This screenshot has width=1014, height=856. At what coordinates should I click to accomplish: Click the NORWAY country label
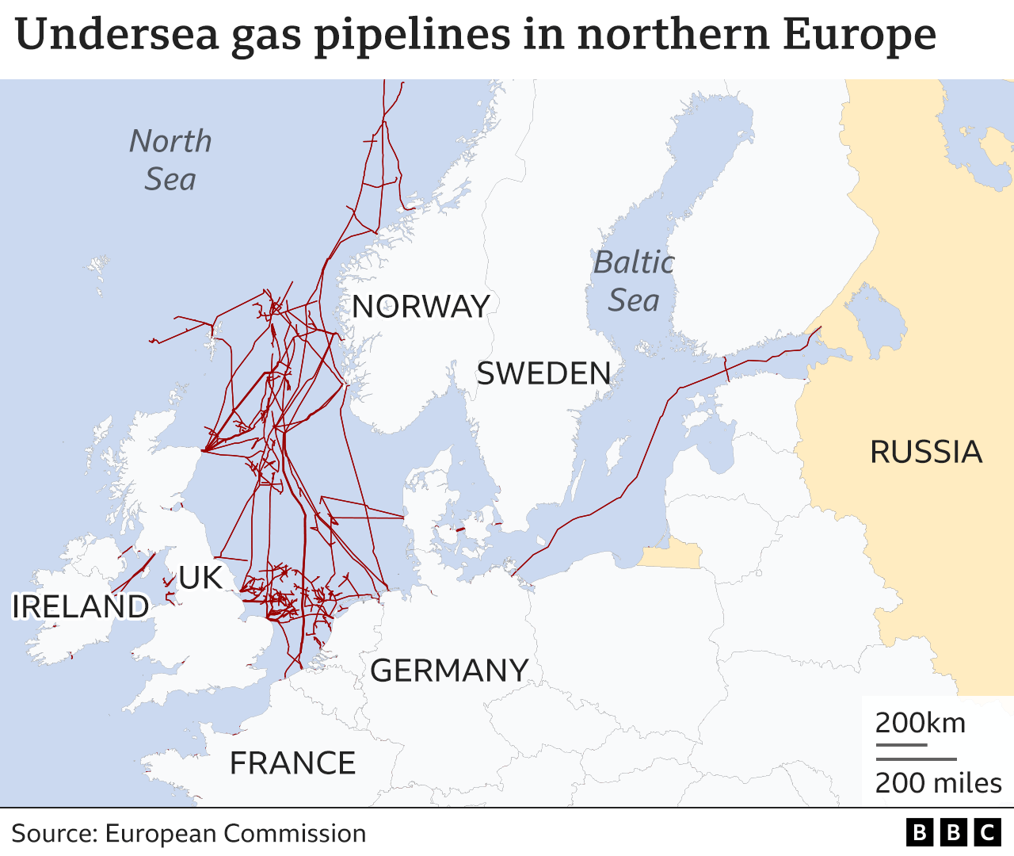pyautogui.click(x=421, y=307)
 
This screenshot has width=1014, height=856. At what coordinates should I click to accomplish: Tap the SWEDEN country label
pyautogui.click(x=543, y=373)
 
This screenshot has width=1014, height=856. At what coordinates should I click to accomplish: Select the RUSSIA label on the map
pyautogui.click(x=926, y=452)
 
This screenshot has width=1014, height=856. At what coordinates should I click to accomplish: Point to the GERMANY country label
pyautogui.click(x=449, y=671)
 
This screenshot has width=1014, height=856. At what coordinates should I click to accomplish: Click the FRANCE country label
pyautogui.click(x=292, y=763)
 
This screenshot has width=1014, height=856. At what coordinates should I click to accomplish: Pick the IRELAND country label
pyautogui.click(x=80, y=606)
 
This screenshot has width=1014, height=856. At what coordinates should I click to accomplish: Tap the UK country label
pyautogui.click(x=200, y=578)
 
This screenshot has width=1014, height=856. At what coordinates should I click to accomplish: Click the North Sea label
pyautogui.click(x=170, y=160)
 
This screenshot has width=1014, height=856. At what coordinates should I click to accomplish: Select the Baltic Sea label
pyautogui.click(x=634, y=281)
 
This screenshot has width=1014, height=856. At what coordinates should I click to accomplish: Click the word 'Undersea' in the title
pyautogui.click(x=116, y=35)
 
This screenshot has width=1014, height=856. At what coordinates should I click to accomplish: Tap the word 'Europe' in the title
pyautogui.click(x=859, y=35)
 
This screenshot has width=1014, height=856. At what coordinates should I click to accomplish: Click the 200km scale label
pyautogui.click(x=921, y=723)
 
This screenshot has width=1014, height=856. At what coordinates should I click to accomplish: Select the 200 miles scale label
pyautogui.click(x=939, y=783)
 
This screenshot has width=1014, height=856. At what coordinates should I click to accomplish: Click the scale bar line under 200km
pyautogui.click(x=901, y=745)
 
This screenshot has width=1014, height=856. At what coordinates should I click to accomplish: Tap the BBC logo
pyautogui.click(x=953, y=832)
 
